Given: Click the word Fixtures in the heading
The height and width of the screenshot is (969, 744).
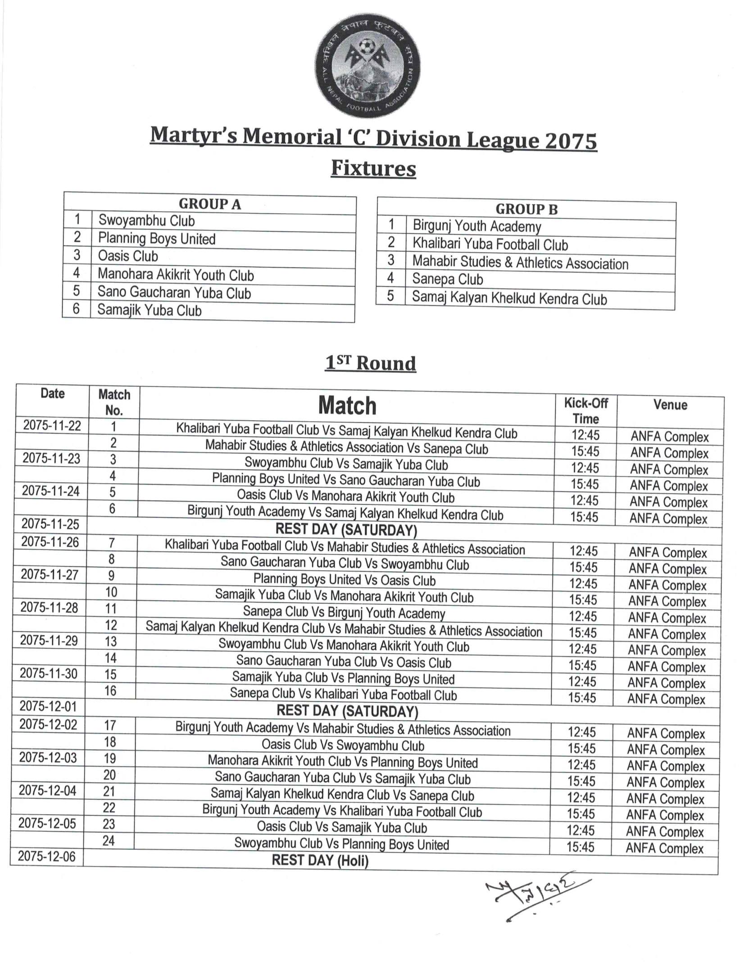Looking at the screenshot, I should tap(373, 168).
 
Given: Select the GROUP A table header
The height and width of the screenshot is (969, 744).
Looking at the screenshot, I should tap(210, 204).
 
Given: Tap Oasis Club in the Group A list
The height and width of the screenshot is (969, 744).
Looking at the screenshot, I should tap(128, 256).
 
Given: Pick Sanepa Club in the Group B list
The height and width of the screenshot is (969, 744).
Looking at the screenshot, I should tap(448, 280).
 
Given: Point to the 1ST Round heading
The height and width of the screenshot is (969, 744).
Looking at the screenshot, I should tap(370, 363).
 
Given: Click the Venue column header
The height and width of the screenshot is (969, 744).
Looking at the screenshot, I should tap(670, 405).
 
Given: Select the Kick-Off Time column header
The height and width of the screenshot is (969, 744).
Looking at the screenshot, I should tap(585, 411).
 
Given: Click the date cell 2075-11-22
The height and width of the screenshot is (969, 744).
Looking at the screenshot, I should tap(52, 426).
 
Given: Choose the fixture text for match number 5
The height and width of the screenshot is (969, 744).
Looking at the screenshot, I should tap(345, 497).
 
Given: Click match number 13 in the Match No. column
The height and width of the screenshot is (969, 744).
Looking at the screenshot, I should tap(111, 641).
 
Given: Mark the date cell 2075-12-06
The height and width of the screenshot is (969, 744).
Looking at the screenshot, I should tap(47, 856).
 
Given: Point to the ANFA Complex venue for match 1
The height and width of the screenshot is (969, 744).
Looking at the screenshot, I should tap(670, 437).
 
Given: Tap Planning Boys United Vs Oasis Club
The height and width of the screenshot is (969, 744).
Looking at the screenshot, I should tap(345, 580).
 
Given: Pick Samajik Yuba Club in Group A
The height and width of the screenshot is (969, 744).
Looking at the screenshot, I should tap(150, 311).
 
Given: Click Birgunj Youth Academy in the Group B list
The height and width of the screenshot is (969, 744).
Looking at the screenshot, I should tap(477, 226).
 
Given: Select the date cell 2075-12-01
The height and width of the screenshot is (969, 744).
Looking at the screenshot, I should tap(48, 706).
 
